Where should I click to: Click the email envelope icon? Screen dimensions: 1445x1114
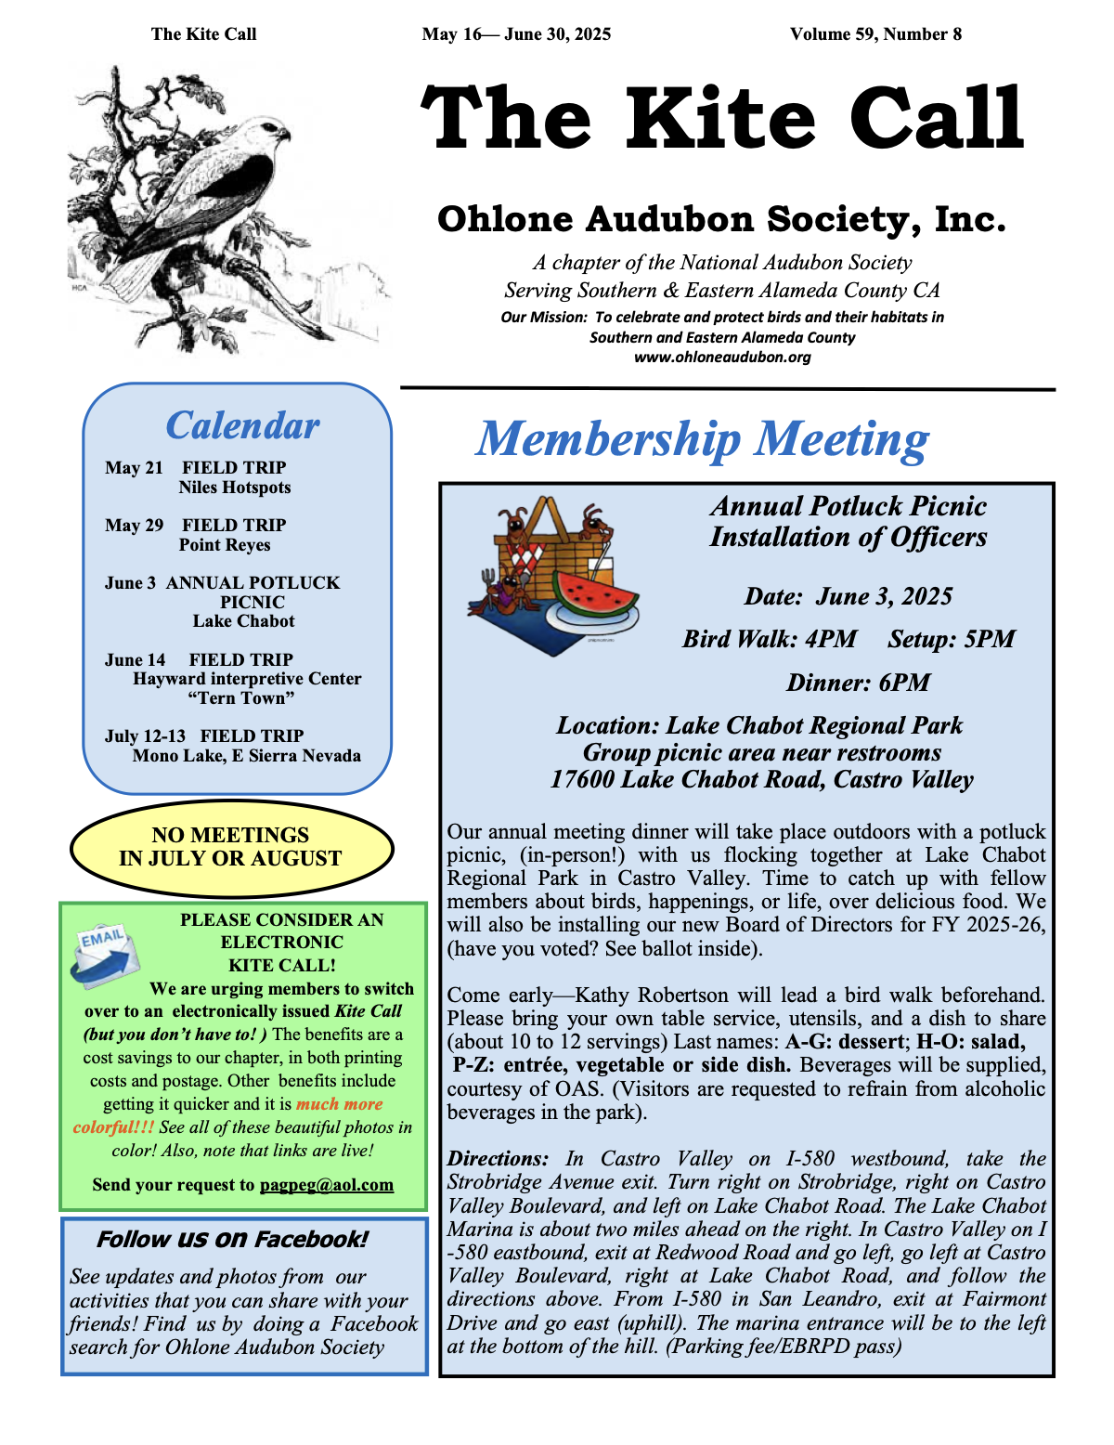point(105,955)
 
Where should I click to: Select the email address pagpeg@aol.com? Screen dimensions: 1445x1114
point(327,1185)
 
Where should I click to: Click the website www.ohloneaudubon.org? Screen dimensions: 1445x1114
point(722,357)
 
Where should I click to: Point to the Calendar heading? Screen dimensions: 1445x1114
point(242,425)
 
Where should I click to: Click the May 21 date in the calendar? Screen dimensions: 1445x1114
point(134,467)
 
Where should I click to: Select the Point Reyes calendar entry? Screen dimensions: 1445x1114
point(225,545)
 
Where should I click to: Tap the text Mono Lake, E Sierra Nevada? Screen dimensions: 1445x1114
point(246,755)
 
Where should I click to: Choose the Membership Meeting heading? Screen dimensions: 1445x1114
point(702,438)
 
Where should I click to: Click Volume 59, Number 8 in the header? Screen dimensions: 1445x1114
point(875,34)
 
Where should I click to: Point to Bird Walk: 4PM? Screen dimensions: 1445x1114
point(770,639)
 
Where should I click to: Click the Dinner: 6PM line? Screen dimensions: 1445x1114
point(858,683)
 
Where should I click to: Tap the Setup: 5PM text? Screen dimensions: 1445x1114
point(952,639)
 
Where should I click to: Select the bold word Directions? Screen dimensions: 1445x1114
point(499,1158)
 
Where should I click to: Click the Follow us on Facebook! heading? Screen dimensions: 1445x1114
point(232,1240)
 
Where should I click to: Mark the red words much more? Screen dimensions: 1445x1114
point(339,1104)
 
